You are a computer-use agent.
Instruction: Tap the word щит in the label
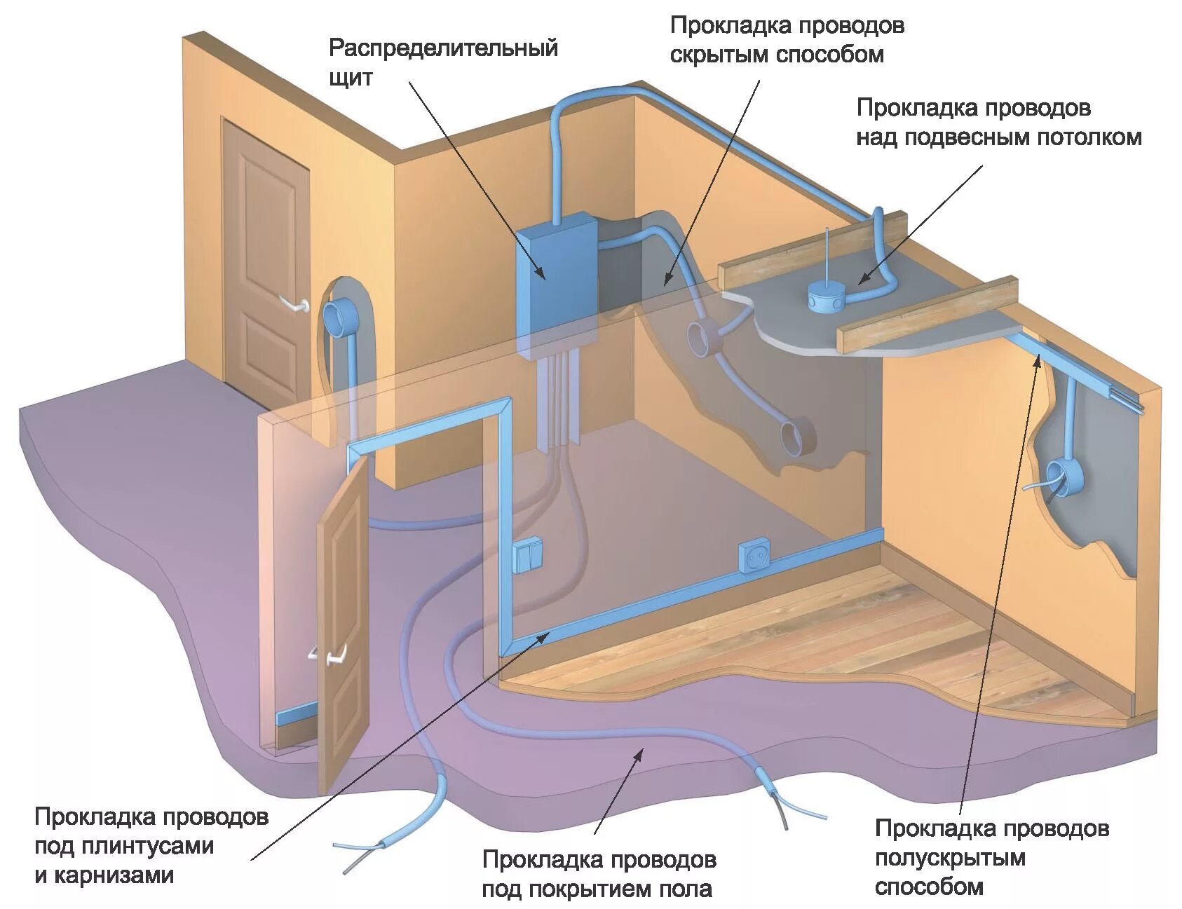351,77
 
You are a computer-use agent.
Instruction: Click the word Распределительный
443,48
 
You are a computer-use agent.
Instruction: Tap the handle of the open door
330,655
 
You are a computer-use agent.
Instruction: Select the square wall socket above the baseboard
754,554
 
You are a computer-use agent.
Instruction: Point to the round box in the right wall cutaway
1064,477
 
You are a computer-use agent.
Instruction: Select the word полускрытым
950,858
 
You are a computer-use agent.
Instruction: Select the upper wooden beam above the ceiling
813,249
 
